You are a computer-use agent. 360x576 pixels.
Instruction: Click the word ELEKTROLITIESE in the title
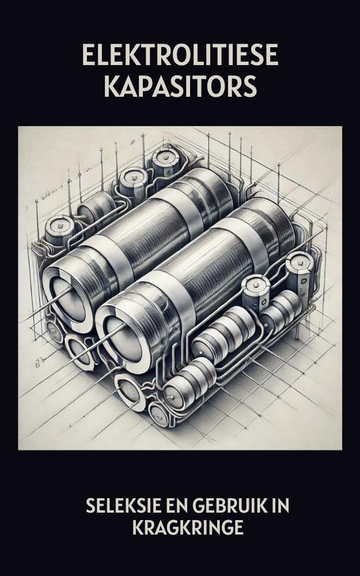click(x=180, y=55)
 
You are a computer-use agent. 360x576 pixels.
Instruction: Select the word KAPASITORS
click(x=180, y=86)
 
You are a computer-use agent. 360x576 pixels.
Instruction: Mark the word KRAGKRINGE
click(x=188, y=528)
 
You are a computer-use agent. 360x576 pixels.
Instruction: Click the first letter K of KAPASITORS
click(x=112, y=86)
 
